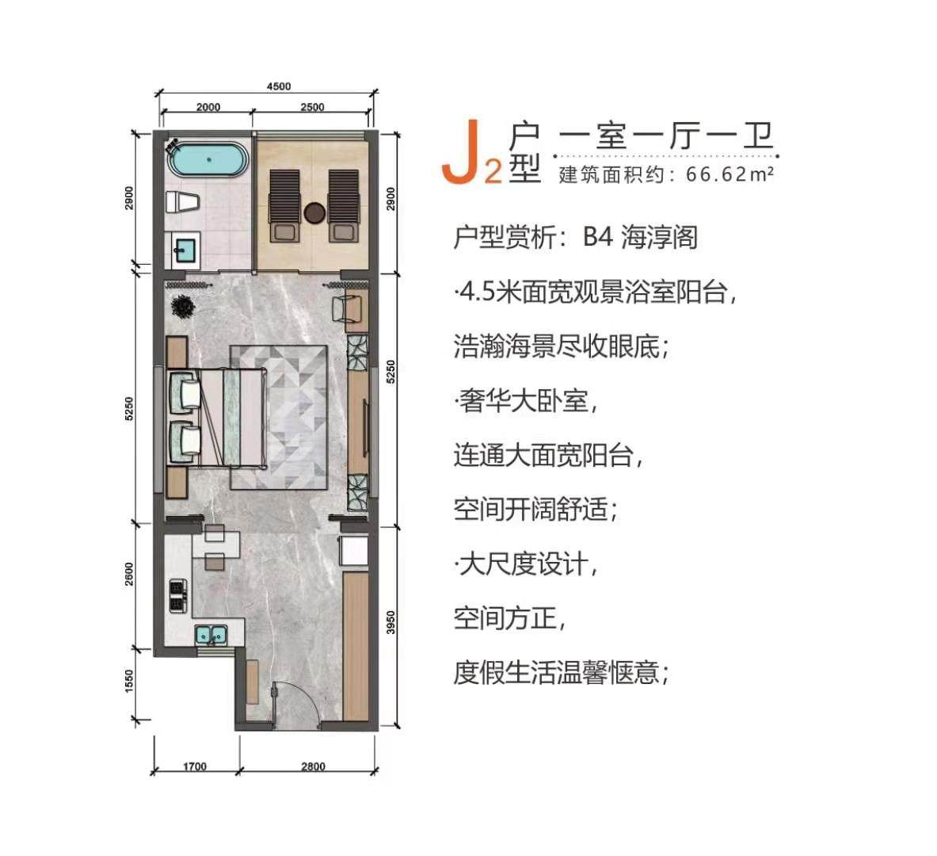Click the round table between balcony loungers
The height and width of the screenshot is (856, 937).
tap(314, 212)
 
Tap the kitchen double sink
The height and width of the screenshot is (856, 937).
tap(211, 635)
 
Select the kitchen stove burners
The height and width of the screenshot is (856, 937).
tap(178, 596)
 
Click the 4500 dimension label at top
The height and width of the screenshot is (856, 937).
tap(279, 86)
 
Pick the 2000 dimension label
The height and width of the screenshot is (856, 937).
tap(208, 107)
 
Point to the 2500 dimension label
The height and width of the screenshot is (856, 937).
tap(313, 107)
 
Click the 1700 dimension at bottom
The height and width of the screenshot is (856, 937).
tap(195, 766)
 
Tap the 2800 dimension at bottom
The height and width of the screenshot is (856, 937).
tap(313, 766)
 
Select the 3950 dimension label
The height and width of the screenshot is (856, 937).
tap(390, 623)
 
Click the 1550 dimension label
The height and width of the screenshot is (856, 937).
tap(130, 682)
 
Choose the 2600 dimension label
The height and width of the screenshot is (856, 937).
tap(130, 574)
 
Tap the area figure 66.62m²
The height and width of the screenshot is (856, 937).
tap(729, 174)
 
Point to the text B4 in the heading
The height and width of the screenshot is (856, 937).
tap(598, 238)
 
